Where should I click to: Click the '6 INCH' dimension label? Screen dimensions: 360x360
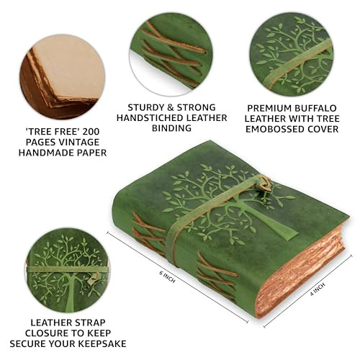(x=167, y=276)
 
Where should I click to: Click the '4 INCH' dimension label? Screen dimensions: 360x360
(x=318, y=289)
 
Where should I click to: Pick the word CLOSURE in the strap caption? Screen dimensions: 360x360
(x=47, y=333)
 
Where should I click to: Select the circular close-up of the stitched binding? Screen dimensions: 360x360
(x=171, y=55)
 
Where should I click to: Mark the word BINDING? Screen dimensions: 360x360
(x=171, y=128)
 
